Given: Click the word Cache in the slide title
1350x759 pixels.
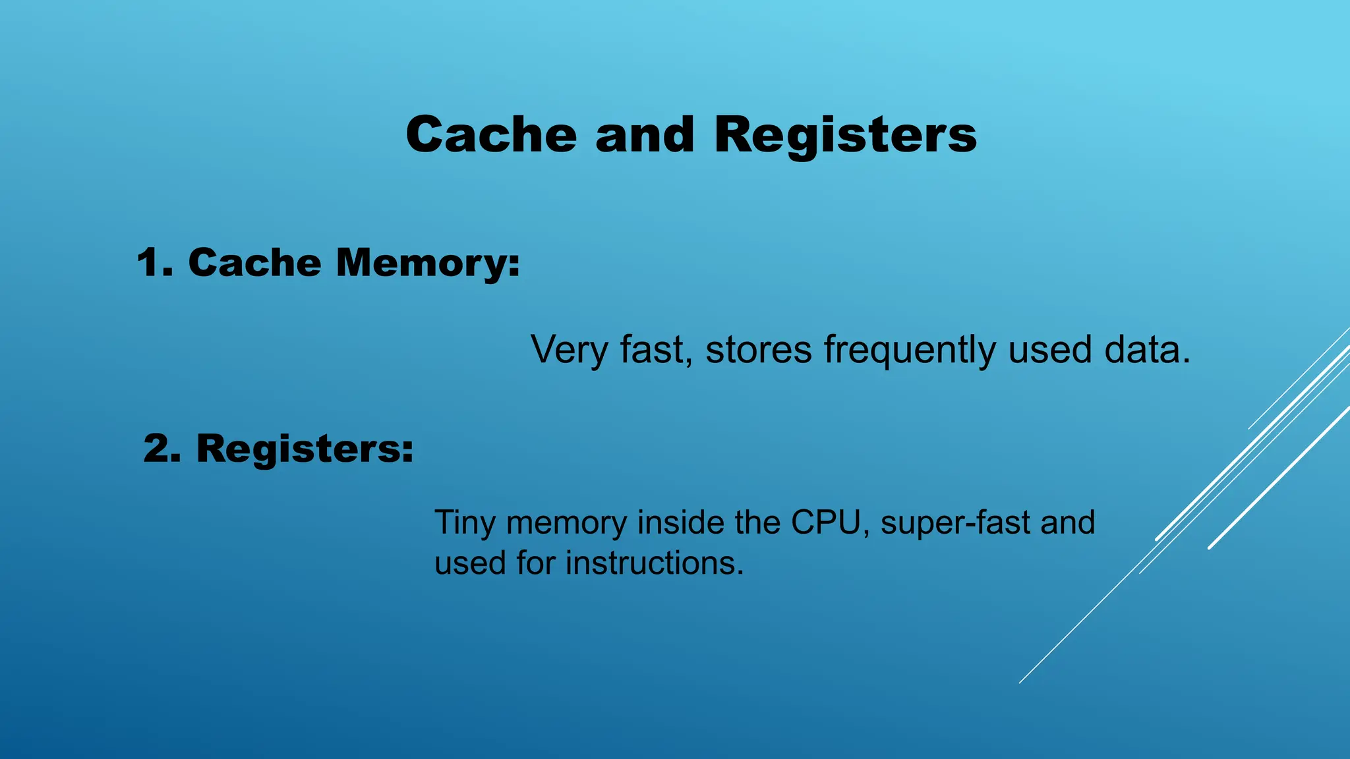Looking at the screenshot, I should pos(491,134).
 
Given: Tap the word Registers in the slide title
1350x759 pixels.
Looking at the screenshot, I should pos(845,136).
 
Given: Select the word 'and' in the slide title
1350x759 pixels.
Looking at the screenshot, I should pos(645,134).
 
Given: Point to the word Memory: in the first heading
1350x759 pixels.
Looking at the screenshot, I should pos(428,264).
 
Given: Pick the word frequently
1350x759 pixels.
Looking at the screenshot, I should pos(910,350).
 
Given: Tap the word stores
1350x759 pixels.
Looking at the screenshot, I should pos(758,350).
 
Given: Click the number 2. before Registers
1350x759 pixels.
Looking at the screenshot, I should pos(162,449).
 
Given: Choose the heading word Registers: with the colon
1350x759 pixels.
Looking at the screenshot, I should pos(305,450).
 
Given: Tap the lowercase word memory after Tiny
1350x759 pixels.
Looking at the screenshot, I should pos(566,524).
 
